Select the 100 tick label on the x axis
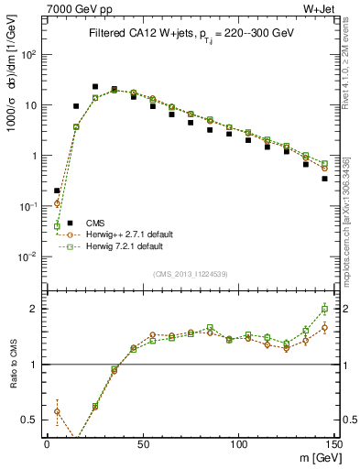[x=238, y=443]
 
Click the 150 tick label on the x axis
[x=333, y=443]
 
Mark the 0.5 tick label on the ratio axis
[x=31, y=420]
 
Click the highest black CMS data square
[x=95, y=87]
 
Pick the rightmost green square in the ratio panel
[x=324, y=309]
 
